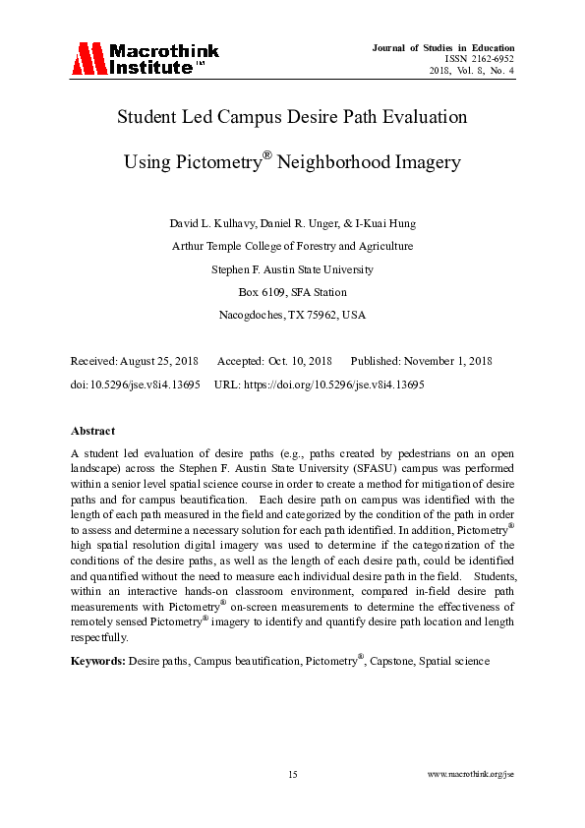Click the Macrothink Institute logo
click(x=145, y=59)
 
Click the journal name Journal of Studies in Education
click(x=443, y=47)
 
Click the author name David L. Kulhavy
click(x=209, y=224)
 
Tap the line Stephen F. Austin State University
click(x=292, y=268)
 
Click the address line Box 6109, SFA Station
click(x=292, y=292)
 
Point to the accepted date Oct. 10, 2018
click(x=299, y=361)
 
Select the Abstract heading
click(x=92, y=431)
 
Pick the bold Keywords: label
click(x=98, y=661)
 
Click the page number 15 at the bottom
click(x=292, y=775)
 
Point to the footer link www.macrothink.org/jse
click(x=471, y=775)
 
